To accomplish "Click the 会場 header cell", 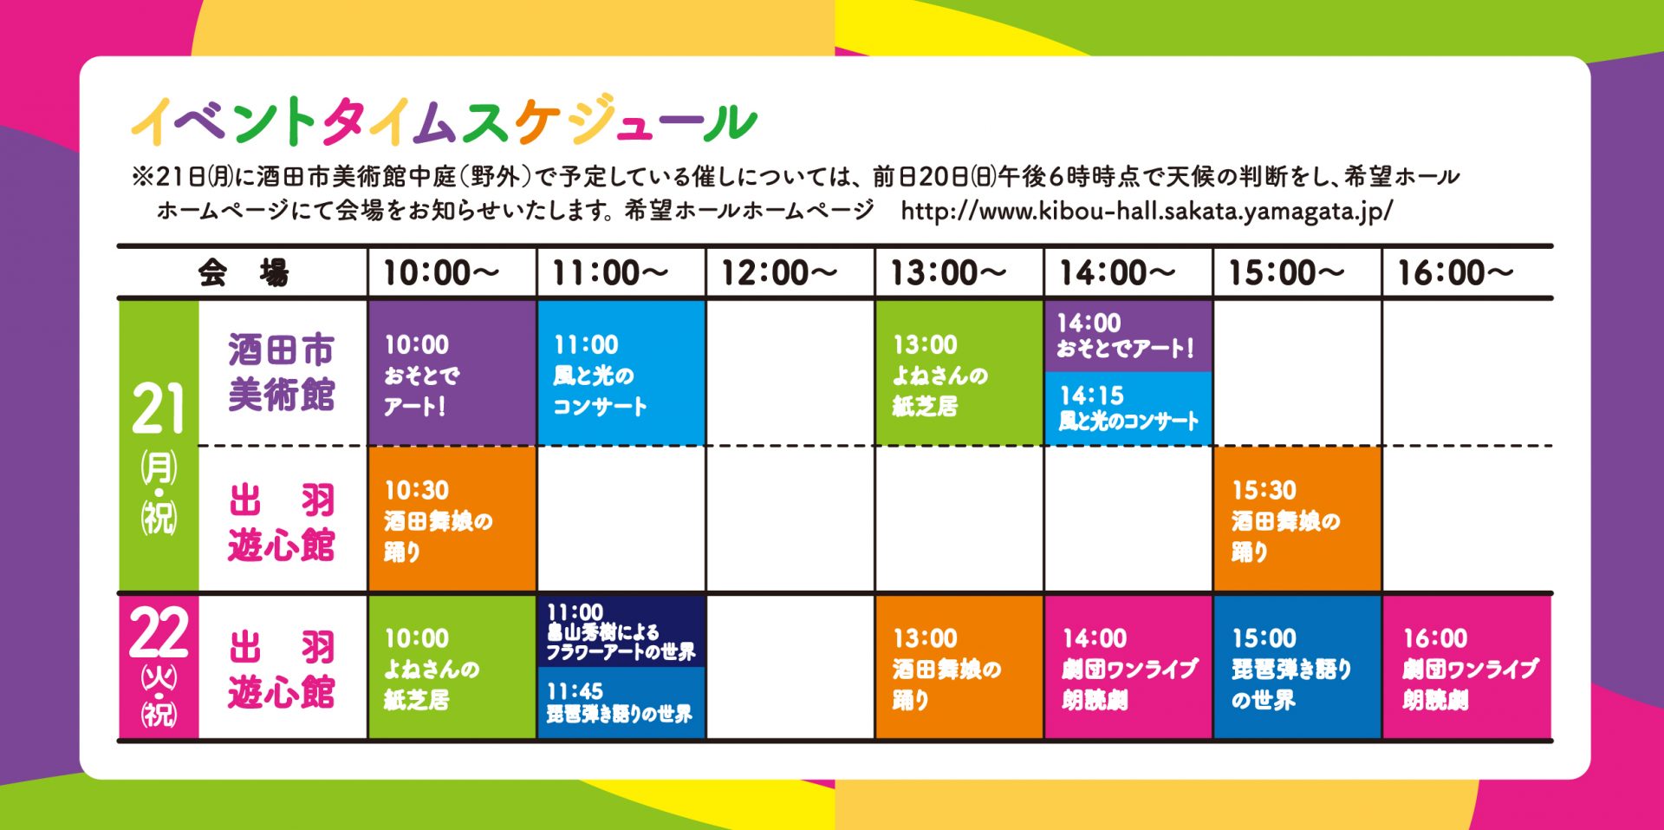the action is [244, 273].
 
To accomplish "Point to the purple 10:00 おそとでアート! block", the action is [452, 373].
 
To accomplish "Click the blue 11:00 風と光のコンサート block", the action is [621, 373].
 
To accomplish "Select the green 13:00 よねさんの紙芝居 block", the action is [959, 373].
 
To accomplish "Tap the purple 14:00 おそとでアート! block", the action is [1128, 337].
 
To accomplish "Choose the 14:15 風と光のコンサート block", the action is [1128, 408].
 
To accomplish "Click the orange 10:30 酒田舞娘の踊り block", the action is [452, 519].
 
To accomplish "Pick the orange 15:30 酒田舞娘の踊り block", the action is [1297, 519].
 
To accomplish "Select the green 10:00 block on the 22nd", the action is [452, 667].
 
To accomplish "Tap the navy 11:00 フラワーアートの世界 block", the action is [621, 631].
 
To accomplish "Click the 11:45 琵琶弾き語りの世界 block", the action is [621, 703].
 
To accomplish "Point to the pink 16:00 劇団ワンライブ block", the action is [1466, 667].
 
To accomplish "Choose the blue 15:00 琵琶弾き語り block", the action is [1297, 667].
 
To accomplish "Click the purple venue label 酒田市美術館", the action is [282, 372].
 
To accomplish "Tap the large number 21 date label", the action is [159, 408].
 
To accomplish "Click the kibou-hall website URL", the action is [1147, 211].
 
